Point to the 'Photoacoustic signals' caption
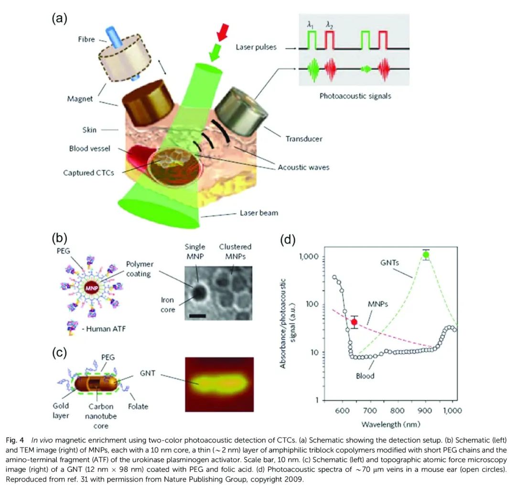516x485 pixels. (355, 96)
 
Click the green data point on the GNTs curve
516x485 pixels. (426, 255)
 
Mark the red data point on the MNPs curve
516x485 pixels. (354, 322)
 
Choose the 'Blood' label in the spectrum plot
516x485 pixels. (365, 376)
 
